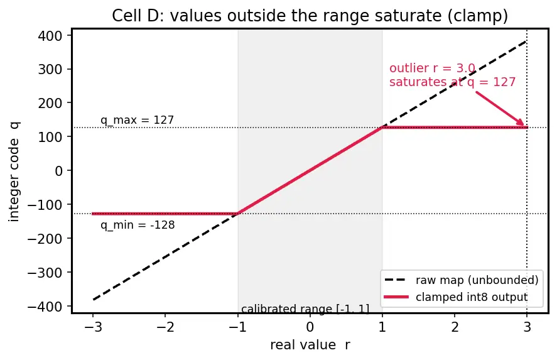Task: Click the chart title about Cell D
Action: coord(310,16)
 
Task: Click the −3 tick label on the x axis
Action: coord(93,327)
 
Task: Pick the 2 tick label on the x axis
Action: coord(455,327)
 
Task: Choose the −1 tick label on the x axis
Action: coord(237,327)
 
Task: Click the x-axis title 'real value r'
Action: coord(310,345)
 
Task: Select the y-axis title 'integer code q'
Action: coord(14,172)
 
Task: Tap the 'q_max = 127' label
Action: coord(137,120)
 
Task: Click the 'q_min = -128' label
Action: coord(138,225)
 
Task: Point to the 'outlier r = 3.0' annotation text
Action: coord(432,68)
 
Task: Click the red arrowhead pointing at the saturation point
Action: coord(522,123)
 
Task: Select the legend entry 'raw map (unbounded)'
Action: coord(462,280)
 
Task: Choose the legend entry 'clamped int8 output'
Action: coord(456,297)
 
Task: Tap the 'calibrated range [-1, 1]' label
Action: coord(305,309)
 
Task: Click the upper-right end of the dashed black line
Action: coord(527,41)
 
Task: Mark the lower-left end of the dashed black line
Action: coord(93,300)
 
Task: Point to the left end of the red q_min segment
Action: coord(93,214)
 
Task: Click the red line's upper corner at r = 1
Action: coord(382,128)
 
